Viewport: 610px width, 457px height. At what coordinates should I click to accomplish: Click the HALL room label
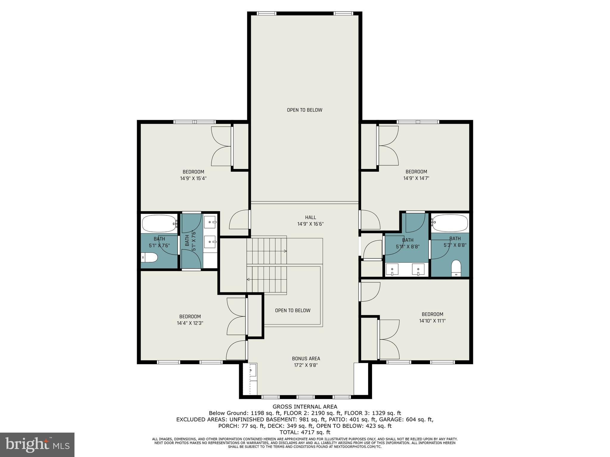point(310,217)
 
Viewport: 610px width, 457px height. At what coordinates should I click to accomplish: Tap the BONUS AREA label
point(306,359)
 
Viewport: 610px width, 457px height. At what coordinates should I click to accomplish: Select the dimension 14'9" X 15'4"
point(193,179)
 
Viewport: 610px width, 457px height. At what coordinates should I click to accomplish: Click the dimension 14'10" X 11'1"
point(432,321)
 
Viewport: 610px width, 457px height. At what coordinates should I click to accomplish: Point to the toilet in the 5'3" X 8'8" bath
point(456,268)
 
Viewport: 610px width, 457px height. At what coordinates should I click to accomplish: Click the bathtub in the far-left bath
point(159,223)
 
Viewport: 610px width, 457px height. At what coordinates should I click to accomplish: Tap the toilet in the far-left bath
point(149,257)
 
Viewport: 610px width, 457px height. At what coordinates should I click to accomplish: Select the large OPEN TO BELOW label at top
point(304,110)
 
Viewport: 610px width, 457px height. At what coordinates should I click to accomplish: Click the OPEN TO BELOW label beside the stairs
point(292,310)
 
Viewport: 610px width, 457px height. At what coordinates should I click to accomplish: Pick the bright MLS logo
point(37,445)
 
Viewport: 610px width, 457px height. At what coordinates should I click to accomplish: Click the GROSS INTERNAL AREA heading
point(305,407)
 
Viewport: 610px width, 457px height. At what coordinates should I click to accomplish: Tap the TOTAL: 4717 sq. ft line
point(305,432)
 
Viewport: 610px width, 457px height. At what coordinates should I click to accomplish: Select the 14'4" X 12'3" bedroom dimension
point(190,323)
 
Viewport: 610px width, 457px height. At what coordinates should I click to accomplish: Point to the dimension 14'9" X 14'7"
point(416,178)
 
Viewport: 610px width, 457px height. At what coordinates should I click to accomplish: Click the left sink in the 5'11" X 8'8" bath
point(392,269)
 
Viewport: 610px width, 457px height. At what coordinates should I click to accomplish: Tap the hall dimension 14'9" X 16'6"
point(310,224)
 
